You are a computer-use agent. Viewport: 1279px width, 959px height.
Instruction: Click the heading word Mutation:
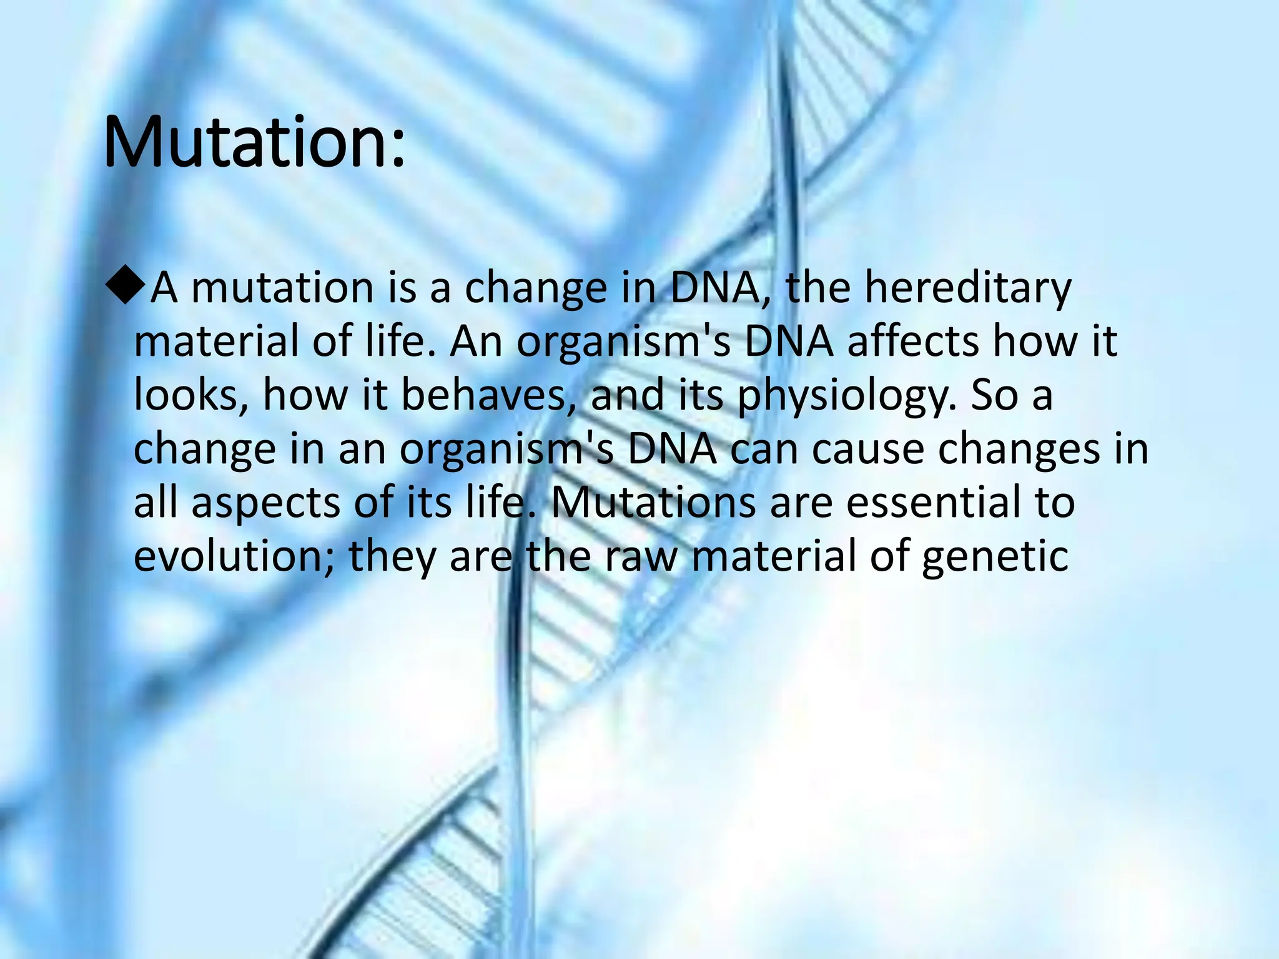click(x=254, y=142)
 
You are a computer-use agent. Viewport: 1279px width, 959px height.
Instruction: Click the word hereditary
click(x=967, y=288)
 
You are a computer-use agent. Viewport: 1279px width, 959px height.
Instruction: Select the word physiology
click(x=846, y=396)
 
